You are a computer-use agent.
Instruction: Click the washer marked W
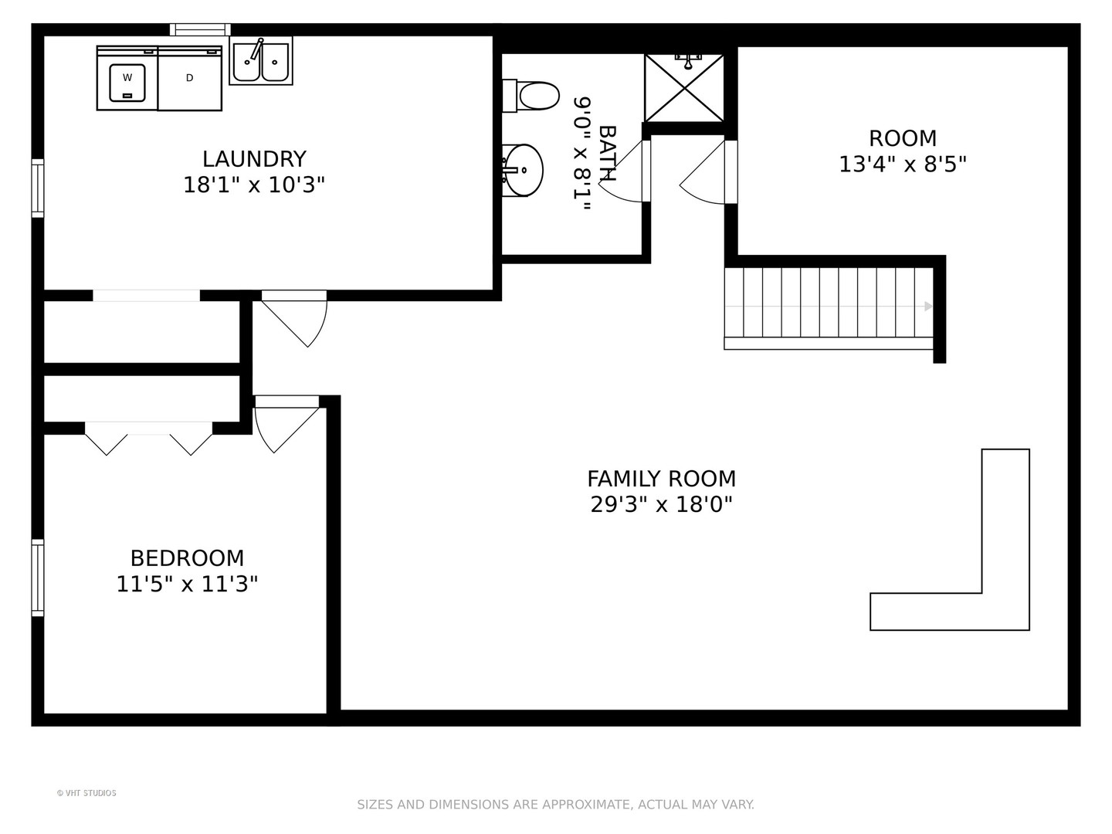click(x=127, y=79)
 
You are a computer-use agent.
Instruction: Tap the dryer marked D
click(x=190, y=79)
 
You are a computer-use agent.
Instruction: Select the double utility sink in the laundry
click(x=261, y=61)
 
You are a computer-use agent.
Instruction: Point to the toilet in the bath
click(x=531, y=96)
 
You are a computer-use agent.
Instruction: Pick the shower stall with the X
click(x=684, y=88)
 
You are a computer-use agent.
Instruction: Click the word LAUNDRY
click(x=254, y=159)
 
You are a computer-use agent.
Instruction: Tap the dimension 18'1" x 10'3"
click(x=254, y=185)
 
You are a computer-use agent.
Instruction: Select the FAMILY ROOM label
click(x=661, y=479)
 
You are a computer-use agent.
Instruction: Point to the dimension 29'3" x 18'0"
click(x=661, y=504)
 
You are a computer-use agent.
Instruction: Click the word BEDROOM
click(x=188, y=558)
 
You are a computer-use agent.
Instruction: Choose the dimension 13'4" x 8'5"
click(x=903, y=164)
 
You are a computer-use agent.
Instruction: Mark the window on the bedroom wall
click(x=38, y=578)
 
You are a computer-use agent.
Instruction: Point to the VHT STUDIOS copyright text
click(x=86, y=793)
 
